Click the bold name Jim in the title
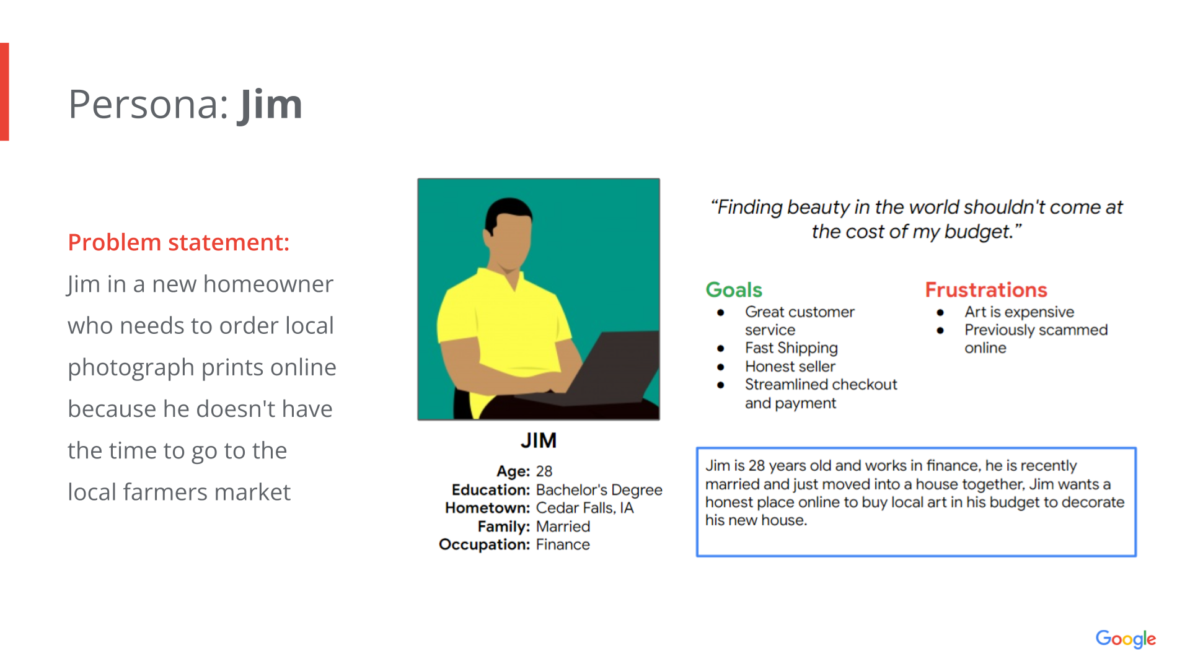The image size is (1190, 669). (270, 105)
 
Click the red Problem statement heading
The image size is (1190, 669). (178, 242)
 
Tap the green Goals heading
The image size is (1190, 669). (734, 290)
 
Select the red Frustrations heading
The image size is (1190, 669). (986, 290)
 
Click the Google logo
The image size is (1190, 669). (1126, 639)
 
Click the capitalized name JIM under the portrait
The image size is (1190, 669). (539, 440)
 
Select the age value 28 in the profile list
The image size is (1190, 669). (544, 471)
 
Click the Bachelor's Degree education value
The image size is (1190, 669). (599, 490)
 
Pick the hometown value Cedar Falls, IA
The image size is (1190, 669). (585, 508)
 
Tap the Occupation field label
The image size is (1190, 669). (485, 544)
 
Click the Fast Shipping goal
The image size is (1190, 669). (791, 348)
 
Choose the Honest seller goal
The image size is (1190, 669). (790, 367)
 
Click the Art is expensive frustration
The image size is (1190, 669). (1020, 312)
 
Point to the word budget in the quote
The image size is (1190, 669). (977, 232)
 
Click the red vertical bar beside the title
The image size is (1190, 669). (4, 92)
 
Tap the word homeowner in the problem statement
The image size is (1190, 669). (268, 284)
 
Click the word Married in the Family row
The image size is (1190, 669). (563, 527)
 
